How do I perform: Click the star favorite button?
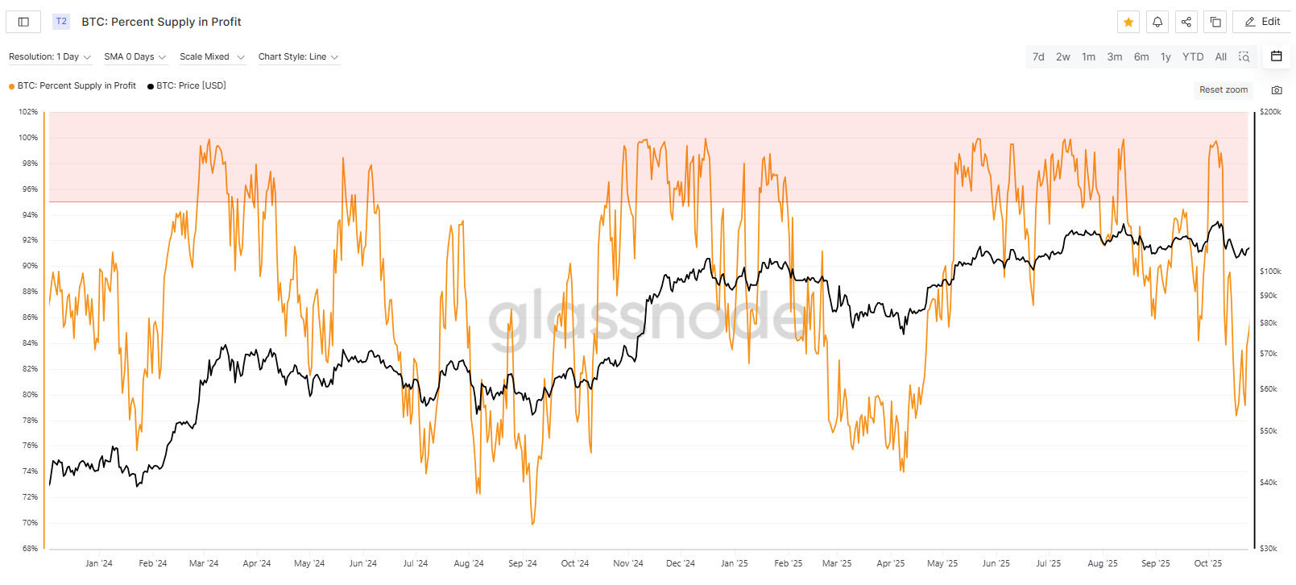point(1128,22)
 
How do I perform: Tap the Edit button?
point(1262,22)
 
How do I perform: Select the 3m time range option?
point(1114,56)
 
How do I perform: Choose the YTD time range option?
point(1192,56)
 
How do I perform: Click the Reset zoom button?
point(1223,89)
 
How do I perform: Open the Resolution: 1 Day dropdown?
point(50,56)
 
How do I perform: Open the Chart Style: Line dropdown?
point(298,56)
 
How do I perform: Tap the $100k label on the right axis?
point(1270,272)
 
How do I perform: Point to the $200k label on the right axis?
point(1270,112)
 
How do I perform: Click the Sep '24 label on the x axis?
point(522,563)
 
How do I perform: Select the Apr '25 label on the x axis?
point(890,563)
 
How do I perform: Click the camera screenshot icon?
point(1276,90)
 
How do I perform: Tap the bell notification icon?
point(1157,22)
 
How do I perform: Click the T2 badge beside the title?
point(61,22)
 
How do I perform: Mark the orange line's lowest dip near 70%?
point(532,524)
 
